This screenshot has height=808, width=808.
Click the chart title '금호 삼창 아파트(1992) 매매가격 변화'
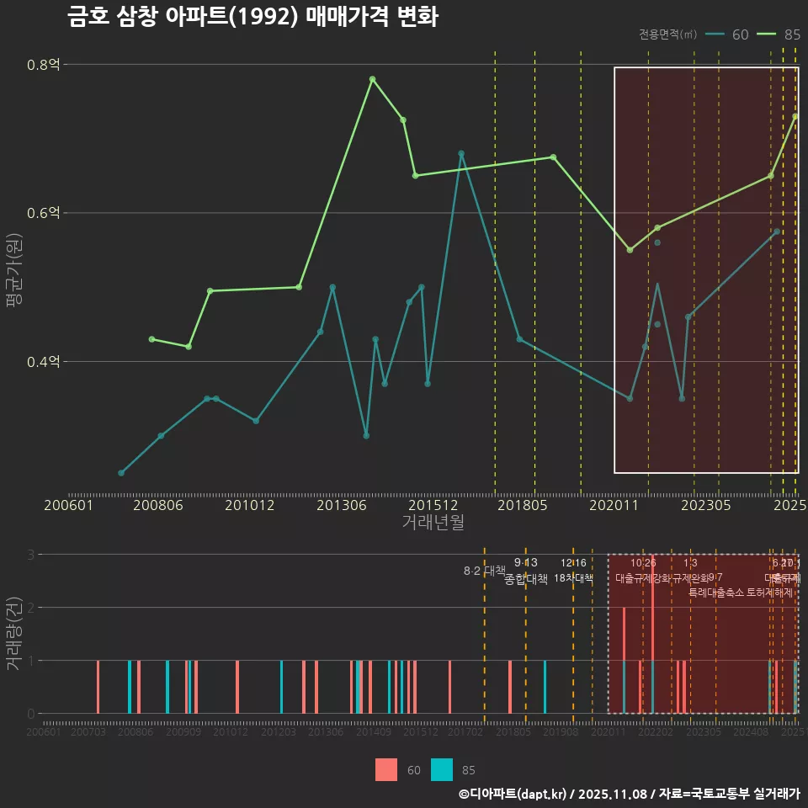pos(252,17)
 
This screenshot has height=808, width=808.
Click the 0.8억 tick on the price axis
pos(44,65)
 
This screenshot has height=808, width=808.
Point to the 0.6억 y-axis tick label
pos(44,213)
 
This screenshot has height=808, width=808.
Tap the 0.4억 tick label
pos(44,362)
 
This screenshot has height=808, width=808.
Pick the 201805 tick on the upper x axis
pos(523,506)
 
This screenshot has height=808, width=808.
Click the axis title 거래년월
pos(433,523)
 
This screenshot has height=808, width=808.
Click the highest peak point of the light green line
pos(372,79)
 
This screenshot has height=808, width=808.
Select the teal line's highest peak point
pos(461,153)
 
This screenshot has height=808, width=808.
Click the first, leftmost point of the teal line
pos(121,473)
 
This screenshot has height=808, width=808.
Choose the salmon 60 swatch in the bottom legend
pos(386,769)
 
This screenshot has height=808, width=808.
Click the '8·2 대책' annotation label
pos(484,571)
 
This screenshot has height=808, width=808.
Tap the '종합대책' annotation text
pos(526,579)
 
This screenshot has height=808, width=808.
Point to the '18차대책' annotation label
pos(574,578)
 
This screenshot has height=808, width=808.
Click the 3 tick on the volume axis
pos(30,555)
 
